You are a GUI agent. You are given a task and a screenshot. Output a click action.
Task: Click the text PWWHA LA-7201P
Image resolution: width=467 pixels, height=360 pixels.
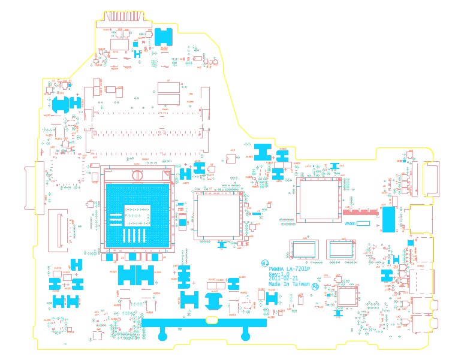pos(290,269)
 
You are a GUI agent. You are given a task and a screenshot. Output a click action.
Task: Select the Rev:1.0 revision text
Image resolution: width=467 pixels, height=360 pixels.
pos(279,274)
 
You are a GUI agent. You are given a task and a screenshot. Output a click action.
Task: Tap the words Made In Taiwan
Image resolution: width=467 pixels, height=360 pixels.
pos(289,285)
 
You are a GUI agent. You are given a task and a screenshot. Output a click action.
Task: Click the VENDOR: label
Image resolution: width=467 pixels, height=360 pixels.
pos(350,223)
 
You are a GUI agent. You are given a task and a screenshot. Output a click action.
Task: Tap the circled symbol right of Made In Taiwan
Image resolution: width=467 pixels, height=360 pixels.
pos(315,286)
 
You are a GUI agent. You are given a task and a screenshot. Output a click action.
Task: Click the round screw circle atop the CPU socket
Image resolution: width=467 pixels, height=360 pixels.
pos(137,175)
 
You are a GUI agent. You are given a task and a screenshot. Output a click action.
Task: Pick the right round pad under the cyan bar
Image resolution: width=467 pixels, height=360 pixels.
pos(245,336)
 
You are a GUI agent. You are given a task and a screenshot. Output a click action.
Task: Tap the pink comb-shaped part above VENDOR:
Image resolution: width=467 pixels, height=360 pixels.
pos(358,211)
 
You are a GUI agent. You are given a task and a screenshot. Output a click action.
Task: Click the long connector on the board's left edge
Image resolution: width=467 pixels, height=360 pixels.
pos(38,187)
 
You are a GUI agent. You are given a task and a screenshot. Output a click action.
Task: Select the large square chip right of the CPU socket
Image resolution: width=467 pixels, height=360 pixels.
pos(218,213)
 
